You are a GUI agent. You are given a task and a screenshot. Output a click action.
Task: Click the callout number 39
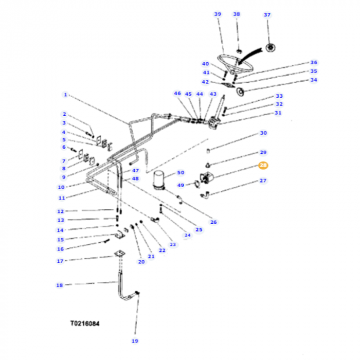pos(218,14)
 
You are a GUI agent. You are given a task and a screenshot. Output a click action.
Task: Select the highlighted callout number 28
pos(263,165)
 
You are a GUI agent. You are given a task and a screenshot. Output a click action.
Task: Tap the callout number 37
pos(267,14)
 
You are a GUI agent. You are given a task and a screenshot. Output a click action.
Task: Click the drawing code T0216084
pos(85,325)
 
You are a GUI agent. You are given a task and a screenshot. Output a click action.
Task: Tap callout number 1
pos(65,95)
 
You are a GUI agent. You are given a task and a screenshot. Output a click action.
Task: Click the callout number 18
pos(59,284)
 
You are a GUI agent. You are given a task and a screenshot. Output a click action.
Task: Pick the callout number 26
pos(213,222)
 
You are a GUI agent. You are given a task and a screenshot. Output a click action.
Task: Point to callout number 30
pos(263,133)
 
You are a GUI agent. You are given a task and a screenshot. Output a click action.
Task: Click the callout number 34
pos(314,80)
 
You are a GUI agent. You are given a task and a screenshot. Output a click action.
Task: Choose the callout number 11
pos(61,197)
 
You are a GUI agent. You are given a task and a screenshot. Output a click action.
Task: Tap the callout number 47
pos(135,170)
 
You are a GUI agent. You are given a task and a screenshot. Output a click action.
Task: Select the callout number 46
pos(177,94)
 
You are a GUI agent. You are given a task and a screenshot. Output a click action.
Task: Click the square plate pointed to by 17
pos(120,255)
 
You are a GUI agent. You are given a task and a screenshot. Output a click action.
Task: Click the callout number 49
pos(181,185)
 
